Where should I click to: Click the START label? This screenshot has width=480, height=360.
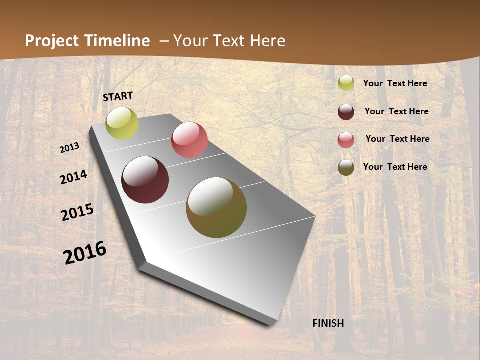(118, 96)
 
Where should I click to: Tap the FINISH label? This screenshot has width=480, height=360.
(328, 323)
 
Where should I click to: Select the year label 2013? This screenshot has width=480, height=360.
(70, 148)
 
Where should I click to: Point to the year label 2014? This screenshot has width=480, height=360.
(74, 177)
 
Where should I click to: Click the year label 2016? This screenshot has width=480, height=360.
(85, 252)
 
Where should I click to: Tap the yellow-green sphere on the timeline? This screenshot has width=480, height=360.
(122, 123)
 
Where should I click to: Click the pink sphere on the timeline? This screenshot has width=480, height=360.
(189, 140)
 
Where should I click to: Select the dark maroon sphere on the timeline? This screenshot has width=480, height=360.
(145, 180)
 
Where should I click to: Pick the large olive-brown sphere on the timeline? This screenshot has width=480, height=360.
(216, 207)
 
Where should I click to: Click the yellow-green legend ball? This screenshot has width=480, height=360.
(346, 83)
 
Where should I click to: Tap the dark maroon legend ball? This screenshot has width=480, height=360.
(346, 112)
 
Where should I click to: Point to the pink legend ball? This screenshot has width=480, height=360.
(346, 140)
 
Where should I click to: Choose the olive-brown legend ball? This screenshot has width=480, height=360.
(346, 167)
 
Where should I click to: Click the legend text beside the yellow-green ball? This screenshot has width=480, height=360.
(395, 83)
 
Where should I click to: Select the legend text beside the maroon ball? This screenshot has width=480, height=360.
(396, 111)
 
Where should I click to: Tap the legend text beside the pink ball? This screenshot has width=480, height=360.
(397, 139)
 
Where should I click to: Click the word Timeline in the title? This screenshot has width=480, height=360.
(118, 41)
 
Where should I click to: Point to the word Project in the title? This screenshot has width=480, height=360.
(52, 41)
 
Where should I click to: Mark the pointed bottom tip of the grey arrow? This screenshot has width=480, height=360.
(273, 324)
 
